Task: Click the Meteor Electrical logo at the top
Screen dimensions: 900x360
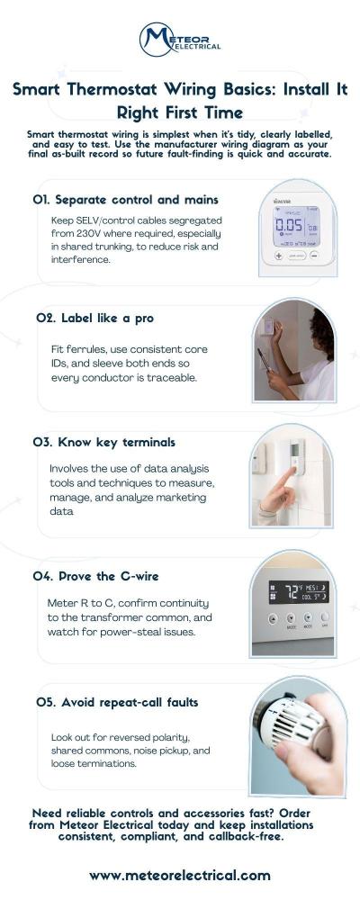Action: click(x=180, y=40)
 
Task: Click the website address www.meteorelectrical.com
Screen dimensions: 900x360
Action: click(x=180, y=875)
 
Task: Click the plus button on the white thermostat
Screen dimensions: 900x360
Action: click(x=279, y=256)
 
